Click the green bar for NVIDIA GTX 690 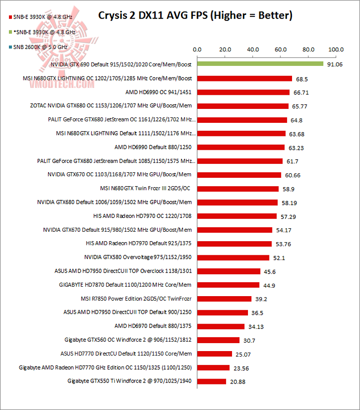pyautogui.click(x=260, y=64)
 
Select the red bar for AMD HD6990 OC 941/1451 pyautogui.click(x=243, y=92)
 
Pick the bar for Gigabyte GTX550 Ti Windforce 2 pyautogui.click(x=211, y=382)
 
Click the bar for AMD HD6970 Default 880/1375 pyautogui.click(x=220, y=326)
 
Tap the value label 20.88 pyautogui.click(x=237, y=382)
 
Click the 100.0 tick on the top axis pyautogui.click(x=336, y=49)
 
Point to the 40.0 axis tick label pyautogui.click(x=252, y=49)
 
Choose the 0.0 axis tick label pyautogui.click(x=197, y=49)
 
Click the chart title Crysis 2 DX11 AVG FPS pyautogui.click(x=195, y=15)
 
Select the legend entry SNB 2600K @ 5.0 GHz pyautogui.click(x=31, y=47)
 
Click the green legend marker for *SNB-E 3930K pyautogui.click(x=4, y=32)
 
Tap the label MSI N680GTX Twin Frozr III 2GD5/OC pyautogui.click(x=146, y=188)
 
